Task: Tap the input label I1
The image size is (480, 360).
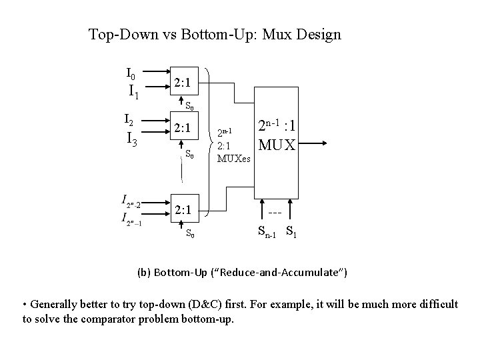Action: click(133, 91)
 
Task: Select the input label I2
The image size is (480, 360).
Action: click(131, 120)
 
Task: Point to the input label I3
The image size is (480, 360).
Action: click(133, 139)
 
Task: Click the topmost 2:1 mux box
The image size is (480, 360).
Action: click(183, 83)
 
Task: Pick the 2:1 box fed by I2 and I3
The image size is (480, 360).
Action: click(183, 127)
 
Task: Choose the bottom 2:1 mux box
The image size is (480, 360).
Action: click(183, 211)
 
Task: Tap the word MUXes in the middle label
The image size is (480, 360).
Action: click(233, 159)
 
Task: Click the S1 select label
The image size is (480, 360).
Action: click(291, 233)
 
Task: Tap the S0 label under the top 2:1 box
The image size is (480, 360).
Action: click(189, 105)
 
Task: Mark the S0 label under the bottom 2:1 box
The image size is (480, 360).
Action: click(191, 233)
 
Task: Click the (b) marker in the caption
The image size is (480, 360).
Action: click(143, 272)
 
